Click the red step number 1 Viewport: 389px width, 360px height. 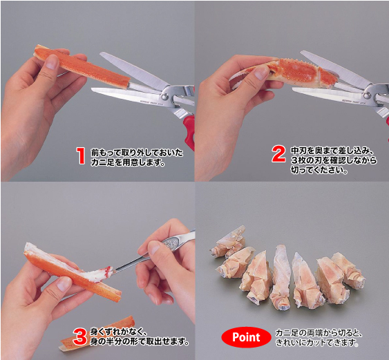[81, 155]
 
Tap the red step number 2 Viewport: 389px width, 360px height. [279, 154]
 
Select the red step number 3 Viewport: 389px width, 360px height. [80, 337]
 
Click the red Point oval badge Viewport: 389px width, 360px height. [246, 337]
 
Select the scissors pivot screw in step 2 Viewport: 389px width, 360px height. [368, 95]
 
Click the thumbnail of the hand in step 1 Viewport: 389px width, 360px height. [52, 61]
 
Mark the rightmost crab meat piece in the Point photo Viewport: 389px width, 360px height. [349, 271]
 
